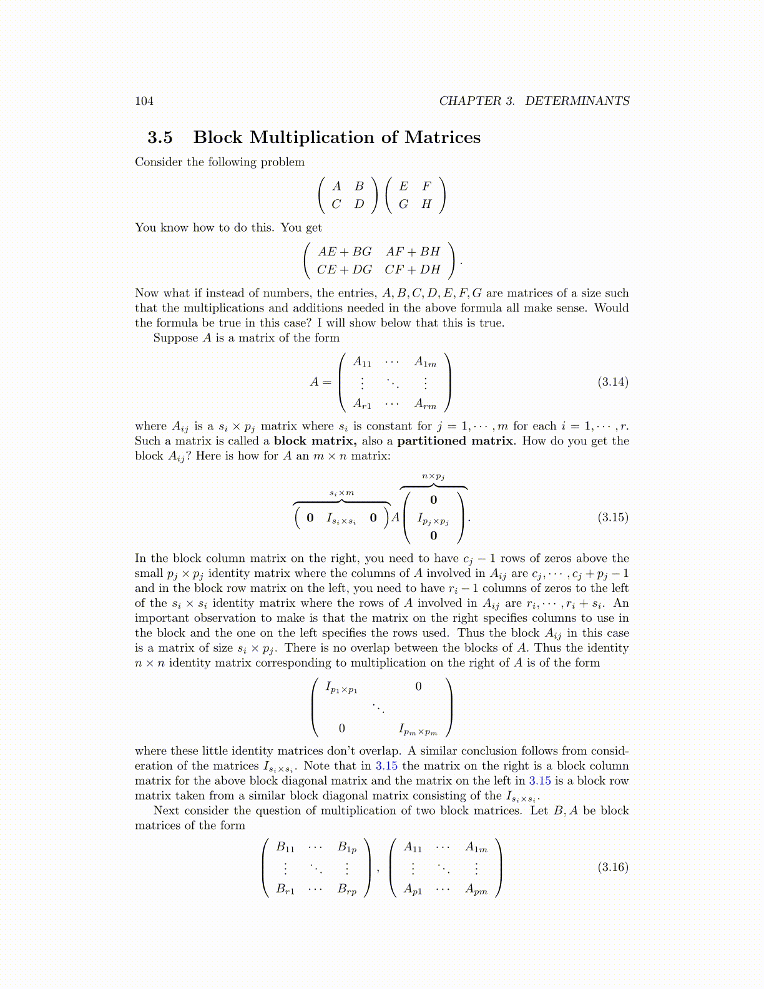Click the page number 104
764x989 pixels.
[x=144, y=101]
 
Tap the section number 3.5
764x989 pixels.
[x=160, y=137]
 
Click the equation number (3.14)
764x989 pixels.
[x=612, y=382]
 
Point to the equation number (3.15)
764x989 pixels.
[x=612, y=517]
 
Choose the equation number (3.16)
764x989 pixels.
[x=612, y=867]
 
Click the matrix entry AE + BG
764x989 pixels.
[x=345, y=252]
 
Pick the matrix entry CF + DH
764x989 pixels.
[x=413, y=270]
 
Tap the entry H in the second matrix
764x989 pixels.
[x=426, y=204]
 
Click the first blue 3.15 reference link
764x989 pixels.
[x=386, y=766]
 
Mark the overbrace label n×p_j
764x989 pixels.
[x=433, y=476]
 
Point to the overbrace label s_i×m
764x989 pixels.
[x=341, y=493]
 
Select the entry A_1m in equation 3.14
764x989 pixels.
[x=425, y=362]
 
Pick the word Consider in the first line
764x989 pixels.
[x=159, y=162]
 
